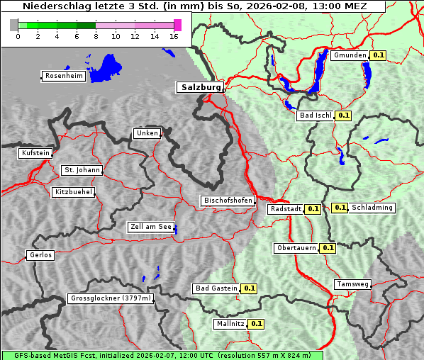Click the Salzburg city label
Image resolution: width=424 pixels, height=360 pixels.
coord(199,87)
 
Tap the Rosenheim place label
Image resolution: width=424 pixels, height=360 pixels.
coord(62,76)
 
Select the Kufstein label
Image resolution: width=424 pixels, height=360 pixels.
coord(35,153)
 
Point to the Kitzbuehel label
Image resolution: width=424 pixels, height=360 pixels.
coord(73,192)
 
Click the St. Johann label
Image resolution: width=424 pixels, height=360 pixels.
coord(82,170)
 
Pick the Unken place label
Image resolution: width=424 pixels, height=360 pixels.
coord(147,133)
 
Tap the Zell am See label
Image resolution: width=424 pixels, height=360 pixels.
coord(151,227)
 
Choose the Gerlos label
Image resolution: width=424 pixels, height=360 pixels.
coord(40,255)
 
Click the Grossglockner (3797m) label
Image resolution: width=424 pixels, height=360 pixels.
coord(111,298)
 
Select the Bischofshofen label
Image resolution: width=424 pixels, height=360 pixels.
coord(228,201)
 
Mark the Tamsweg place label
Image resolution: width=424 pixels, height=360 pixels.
coord(352,284)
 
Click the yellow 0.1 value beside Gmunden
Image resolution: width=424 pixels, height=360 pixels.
coord(378,55)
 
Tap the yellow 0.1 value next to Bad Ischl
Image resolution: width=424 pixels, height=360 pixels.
coord(344,115)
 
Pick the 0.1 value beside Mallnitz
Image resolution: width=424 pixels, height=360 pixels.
coord(257,324)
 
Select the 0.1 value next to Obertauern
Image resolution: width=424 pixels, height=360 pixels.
coord(328,248)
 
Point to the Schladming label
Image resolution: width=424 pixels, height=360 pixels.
coord(372,208)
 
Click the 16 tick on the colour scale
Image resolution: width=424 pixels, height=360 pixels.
coord(174,36)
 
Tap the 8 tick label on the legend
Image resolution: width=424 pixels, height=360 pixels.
coord(96,36)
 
